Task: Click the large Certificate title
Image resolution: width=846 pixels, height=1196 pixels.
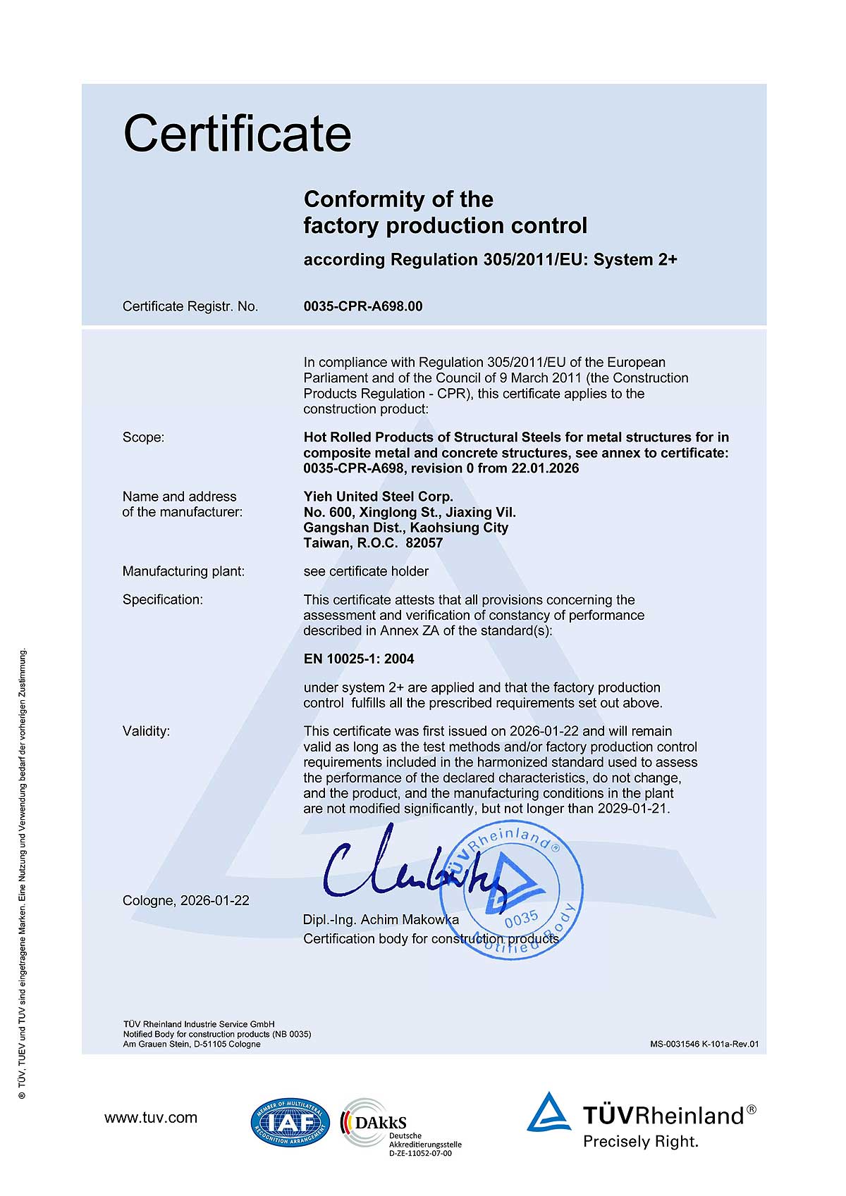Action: [x=238, y=134]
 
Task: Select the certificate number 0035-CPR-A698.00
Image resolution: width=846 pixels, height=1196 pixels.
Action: [x=363, y=306]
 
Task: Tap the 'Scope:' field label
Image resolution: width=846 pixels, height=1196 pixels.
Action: [x=143, y=437]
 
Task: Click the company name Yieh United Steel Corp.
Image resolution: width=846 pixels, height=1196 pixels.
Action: [x=379, y=497]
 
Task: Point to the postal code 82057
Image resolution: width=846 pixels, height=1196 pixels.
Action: [x=425, y=543]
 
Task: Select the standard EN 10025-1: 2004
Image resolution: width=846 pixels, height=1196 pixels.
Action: [x=359, y=659]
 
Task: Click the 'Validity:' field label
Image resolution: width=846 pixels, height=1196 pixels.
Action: [x=146, y=731]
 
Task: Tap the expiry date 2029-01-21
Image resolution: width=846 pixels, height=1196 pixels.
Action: [x=632, y=809]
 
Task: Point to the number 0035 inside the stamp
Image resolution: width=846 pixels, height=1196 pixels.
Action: [x=522, y=918]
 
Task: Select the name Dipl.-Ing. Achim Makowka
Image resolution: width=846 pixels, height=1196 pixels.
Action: [x=381, y=920]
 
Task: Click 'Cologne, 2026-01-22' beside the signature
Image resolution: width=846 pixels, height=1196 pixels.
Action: [x=186, y=901]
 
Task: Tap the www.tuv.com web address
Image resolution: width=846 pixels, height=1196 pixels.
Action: [x=151, y=1118]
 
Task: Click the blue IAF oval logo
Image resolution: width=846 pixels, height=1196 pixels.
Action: [x=290, y=1122]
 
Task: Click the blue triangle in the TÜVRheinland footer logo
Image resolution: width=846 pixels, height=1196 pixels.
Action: [x=548, y=1114]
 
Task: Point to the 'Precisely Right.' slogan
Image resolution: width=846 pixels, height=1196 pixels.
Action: [x=640, y=1142]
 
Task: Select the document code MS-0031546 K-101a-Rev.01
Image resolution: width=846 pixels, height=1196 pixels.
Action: [x=704, y=1045]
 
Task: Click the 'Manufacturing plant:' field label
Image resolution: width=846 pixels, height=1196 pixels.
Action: [x=183, y=571]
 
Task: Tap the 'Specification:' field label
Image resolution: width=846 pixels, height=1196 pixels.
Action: [x=163, y=600]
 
